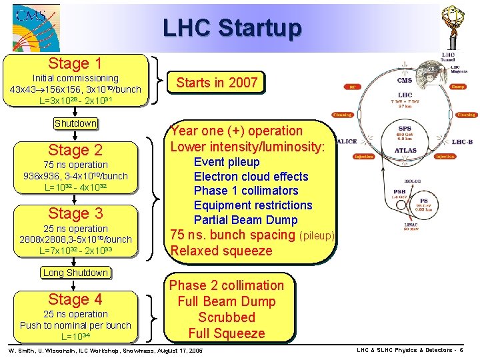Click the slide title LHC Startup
pyautogui.click(x=232, y=27)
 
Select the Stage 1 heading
pyautogui.click(x=75, y=64)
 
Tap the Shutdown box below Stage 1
pyautogui.click(x=75, y=123)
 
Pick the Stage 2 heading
pyautogui.click(x=75, y=150)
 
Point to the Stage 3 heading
pyautogui.click(x=75, y=213)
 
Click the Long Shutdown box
pyautogui.click(x=75, y=273)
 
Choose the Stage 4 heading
pyautogui.click(x=75, y=299)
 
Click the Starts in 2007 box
pyautogui.click(x=216, y=83)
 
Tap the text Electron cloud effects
pyautogui.click(x=251, y=177)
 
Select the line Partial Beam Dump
pyautogui.click(x=245, y=220)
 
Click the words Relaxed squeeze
pyautogui.click(x=221, y=251)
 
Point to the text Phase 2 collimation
pyautogui.click(x=227, y=285)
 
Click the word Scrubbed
pyautogui.click(x=227, y=317)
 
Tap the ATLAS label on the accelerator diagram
pyautogui.click(x=405, y=151)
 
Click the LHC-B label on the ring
pyautogui.click(x=462, y=142)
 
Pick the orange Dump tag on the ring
pyautogui.click(x=457, y=86)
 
